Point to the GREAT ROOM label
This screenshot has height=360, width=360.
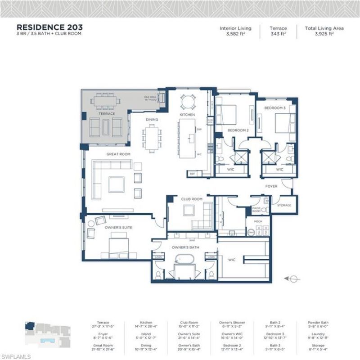(118, 154)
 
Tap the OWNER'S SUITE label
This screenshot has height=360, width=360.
(118, 228)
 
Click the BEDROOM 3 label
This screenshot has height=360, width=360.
(274, 108)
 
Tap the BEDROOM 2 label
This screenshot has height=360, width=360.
(238, 130)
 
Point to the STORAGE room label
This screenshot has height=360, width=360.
(284, 205)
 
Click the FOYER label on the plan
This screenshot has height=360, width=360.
(271, 186)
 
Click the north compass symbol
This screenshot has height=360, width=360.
(293, 279)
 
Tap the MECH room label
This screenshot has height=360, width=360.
(258, 222)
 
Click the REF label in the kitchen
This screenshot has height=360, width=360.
(192, 173)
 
